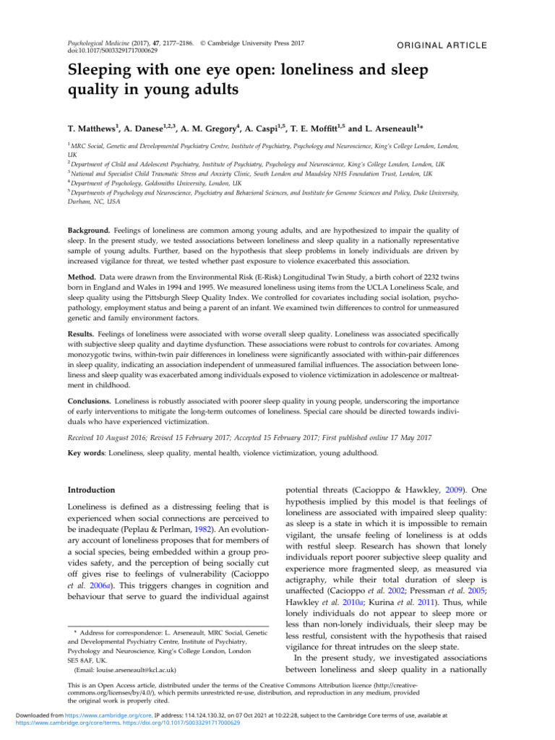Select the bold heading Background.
coord(84,228)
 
